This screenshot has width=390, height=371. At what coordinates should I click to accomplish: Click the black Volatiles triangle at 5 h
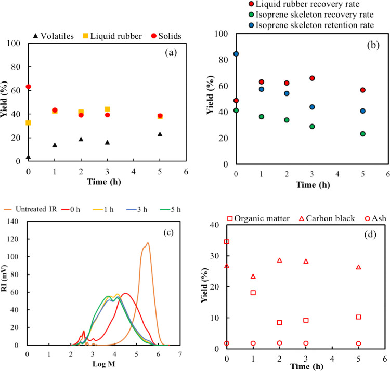pyautogui.click(x=160, y=134)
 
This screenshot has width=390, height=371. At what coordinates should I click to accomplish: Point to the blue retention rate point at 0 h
pyautogui.click(x=236, y=54)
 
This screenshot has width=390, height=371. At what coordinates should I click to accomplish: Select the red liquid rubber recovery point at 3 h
pyautogui.click(x=313, y=78)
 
